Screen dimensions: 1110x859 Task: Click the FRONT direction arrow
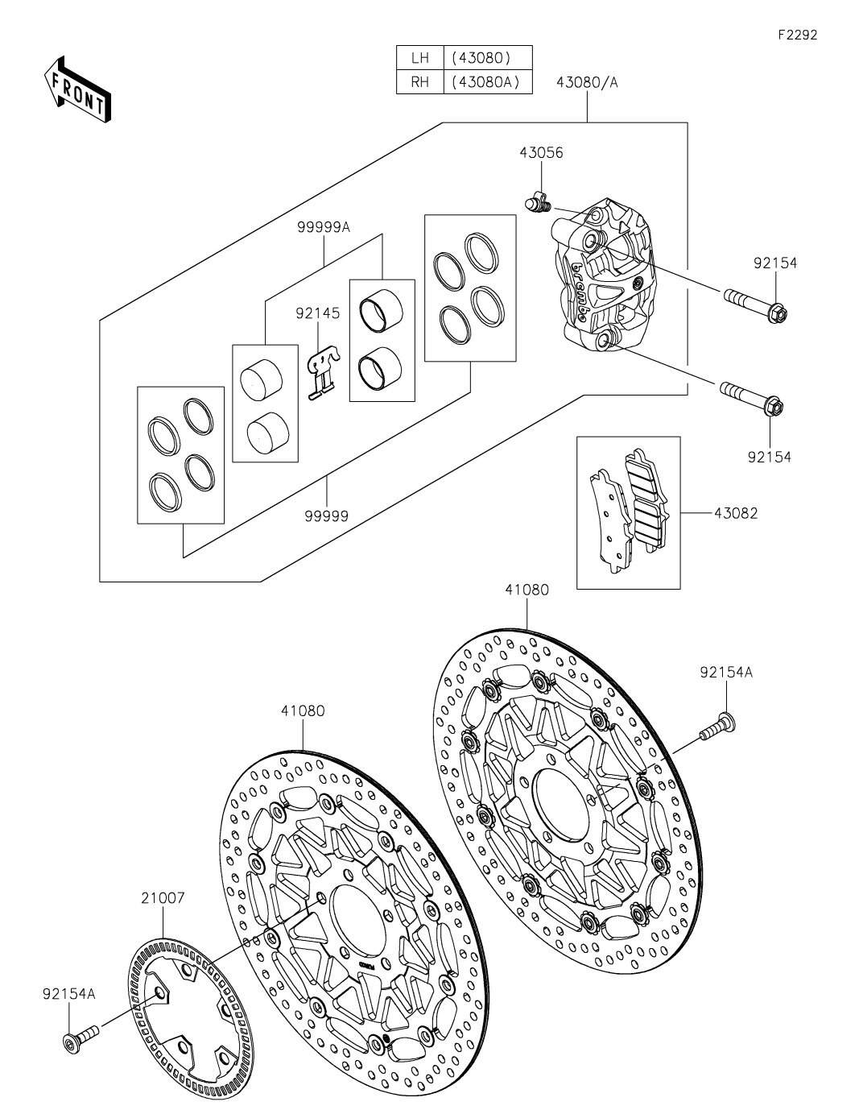77,89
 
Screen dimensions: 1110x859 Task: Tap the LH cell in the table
420,58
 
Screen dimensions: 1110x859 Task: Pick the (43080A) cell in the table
487,82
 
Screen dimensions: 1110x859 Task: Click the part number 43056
541,153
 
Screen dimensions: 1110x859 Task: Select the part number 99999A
324,227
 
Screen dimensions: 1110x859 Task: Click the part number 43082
734,512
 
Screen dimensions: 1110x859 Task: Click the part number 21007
163,897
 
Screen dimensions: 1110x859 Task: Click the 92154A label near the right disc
726,673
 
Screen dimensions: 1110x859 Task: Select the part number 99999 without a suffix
326,516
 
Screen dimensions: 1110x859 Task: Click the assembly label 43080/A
586,82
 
